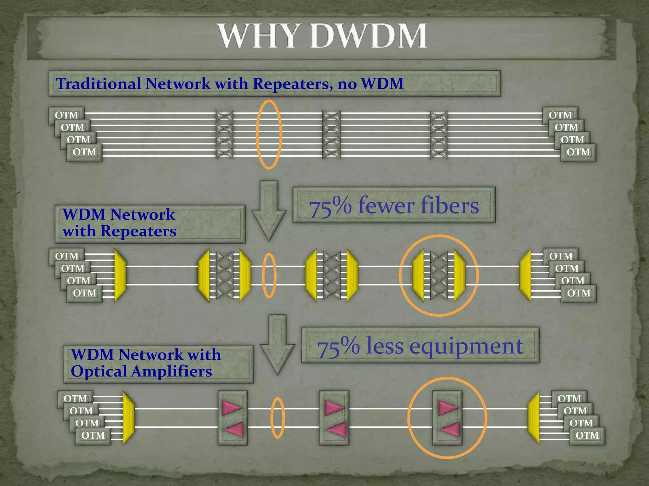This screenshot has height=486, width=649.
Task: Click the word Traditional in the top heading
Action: [98, 84]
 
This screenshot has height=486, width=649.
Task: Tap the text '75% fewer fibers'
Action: [394, 206]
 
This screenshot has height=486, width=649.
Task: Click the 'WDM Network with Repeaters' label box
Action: [150, 223]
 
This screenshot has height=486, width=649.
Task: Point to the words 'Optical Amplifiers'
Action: [141, 371]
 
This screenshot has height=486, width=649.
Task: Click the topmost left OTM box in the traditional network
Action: [66, 115]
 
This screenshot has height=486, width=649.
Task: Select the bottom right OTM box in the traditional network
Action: [578, 153]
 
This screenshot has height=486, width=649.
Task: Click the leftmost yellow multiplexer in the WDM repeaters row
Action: [120, 275]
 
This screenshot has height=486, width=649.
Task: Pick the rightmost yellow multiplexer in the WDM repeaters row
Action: [525, 275]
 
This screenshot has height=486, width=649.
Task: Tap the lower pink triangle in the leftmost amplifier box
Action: [234, 430]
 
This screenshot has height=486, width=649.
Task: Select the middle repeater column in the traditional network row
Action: [331, 134]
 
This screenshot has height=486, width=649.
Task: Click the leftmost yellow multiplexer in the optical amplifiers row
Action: [128, 418]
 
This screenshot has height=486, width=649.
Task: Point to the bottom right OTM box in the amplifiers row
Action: [587, 436]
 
